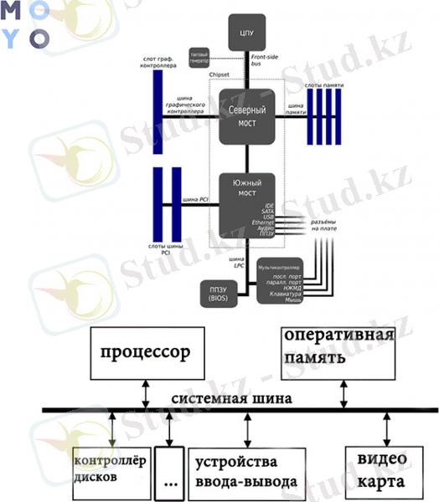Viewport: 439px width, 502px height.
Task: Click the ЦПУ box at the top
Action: (x=246, y=33)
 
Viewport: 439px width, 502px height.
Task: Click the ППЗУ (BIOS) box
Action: (x=217, y=294)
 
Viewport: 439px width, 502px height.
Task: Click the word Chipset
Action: (x=219, y=74)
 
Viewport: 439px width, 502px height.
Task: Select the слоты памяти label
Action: (x=323, y=85)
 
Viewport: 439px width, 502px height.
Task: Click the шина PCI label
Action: (x=195, y=200)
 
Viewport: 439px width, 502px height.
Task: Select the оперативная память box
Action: (x=338, y=346)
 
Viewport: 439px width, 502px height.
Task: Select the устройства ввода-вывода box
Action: (x=245, y=472)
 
